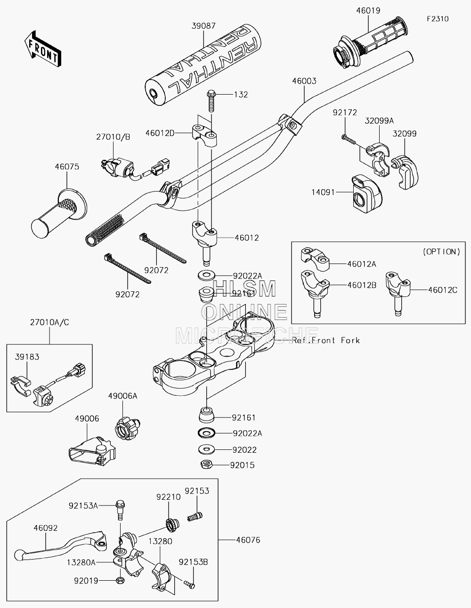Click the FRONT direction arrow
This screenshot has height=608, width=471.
tap(42, 49)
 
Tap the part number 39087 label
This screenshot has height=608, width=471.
tap(203, 26)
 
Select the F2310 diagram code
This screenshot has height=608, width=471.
tap(438, 19)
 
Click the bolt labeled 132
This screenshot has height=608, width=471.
tap(211, 101)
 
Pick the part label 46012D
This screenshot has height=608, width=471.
tap(160, 133)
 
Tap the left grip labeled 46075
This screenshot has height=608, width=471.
tap(59, 214)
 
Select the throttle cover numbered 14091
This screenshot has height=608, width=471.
tap(367, 194)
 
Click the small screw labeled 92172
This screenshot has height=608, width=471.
tap(349, 139)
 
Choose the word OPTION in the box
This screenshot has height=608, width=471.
tap(441, 252)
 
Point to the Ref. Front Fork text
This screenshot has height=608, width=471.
tap(326, 340)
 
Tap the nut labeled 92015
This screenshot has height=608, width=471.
tap(207, 465)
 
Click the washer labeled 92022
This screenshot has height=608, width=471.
tap(207, 449)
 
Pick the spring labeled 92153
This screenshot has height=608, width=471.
tap(195, 516)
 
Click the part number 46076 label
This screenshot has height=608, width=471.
tap(248, 540)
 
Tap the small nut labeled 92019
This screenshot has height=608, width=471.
tap(120, 581)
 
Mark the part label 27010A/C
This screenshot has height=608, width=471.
tap(49, 322)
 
